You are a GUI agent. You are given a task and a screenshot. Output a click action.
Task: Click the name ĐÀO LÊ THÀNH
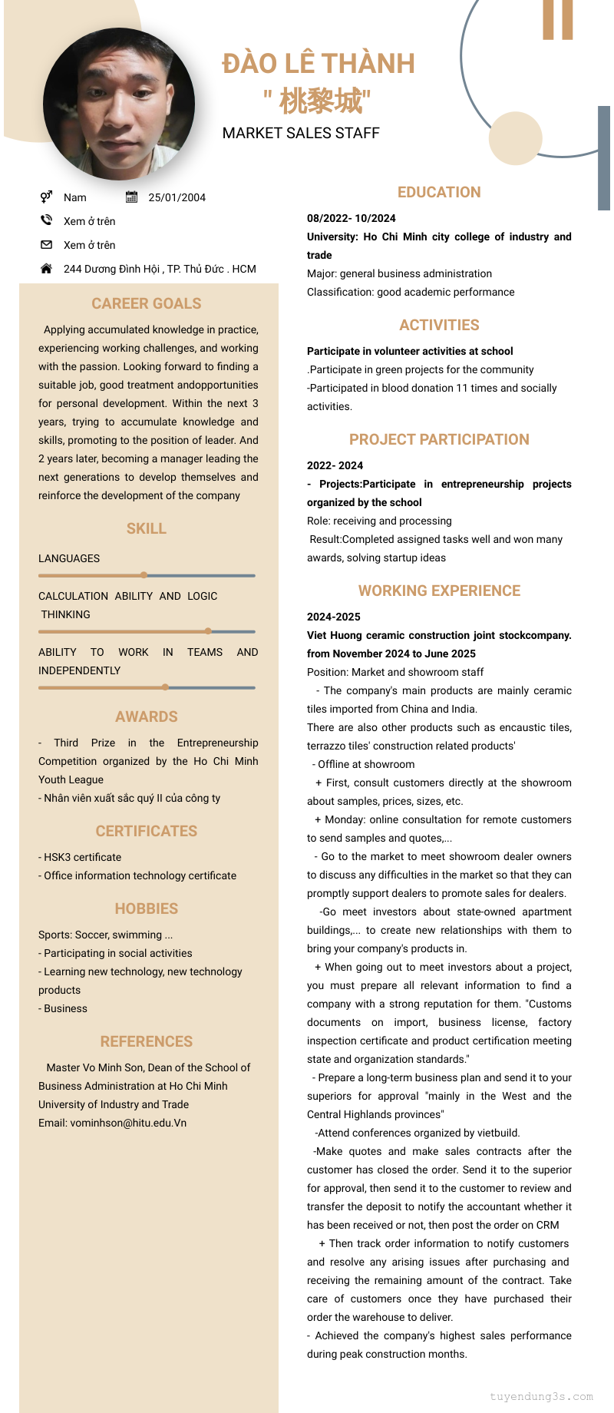(x=319, y=64)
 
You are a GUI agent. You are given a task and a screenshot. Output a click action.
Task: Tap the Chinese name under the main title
(x=318, y=101)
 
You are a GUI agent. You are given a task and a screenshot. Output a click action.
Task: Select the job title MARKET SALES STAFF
(x=301, y=134)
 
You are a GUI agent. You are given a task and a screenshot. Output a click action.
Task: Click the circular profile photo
(x=119, y=104)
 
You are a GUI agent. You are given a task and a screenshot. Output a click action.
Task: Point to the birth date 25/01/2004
(x=177, y=197)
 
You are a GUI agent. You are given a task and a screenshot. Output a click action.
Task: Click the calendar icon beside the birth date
(x=131, y=197)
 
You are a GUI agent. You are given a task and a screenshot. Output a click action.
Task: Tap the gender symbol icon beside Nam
(x=46, y=197)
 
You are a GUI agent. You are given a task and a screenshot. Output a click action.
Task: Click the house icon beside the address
(x=46, y=269)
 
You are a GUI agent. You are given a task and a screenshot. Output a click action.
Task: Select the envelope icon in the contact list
(x=46, y=245)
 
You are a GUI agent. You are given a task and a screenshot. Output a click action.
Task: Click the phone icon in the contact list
(x=46, y=220)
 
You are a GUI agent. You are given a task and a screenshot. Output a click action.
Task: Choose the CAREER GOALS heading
(x=147, y=304)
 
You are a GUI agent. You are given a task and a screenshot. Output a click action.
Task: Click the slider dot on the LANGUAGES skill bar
(x=144, y=575)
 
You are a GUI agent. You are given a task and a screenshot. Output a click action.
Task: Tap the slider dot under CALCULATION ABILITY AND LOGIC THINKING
(x=208, y=631)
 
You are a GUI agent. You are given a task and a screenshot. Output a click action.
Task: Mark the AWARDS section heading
(x=147, y=717)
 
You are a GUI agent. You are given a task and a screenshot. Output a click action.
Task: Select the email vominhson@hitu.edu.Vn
(x=112, y=1123)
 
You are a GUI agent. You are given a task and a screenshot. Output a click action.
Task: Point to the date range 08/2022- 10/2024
(x=352, y=218)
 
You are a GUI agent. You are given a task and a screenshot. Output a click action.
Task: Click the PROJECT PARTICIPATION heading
(x=439, y=440)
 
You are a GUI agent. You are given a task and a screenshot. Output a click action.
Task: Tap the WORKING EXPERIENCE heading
(x=439, y=591)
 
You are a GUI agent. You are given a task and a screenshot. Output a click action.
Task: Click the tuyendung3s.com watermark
(x=541, y=1397)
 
